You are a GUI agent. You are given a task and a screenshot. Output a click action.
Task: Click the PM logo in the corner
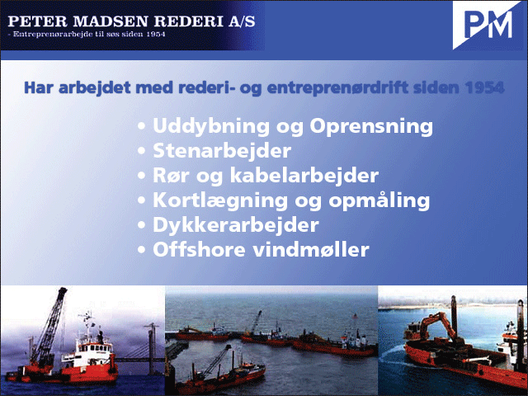[x=488, y=25]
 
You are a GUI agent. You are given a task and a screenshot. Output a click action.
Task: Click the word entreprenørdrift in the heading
[x=337, y=88]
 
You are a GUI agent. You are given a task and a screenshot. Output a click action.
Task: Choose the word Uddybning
[x=211, y=127]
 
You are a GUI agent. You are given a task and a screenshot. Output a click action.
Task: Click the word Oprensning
[x=371, y=127]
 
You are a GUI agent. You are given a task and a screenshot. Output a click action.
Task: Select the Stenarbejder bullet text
[x=222, y=150]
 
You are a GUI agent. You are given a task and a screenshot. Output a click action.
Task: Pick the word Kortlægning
[x=220, y=200]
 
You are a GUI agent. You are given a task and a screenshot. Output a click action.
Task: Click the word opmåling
[x=379, y=200]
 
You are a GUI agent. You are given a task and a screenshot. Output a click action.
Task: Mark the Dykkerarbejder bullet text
[x=236, y=225]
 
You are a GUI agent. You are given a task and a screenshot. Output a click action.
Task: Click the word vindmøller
[x=311, y=250]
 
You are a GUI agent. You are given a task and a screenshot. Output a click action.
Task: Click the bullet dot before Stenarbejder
[x=141, y=151]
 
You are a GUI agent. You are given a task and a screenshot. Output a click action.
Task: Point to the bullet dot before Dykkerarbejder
[x=141, y=225]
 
